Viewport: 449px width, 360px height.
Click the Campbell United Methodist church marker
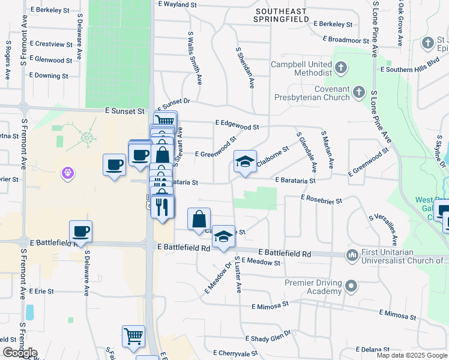(340, 68)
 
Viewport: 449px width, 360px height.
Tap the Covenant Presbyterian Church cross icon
(358, 92)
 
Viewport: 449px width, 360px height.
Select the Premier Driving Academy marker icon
(352, 286)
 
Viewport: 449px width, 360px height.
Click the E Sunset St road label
(125, 111)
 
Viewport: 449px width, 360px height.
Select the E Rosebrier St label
(321, 199)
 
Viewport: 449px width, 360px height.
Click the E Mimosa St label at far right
(398, 314)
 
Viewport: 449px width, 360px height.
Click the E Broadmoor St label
(345, 40)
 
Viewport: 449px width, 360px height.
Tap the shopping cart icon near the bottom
(133, 336)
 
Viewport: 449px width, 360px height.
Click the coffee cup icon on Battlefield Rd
(80, 230)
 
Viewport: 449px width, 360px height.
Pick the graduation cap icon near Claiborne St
(245, 161)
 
